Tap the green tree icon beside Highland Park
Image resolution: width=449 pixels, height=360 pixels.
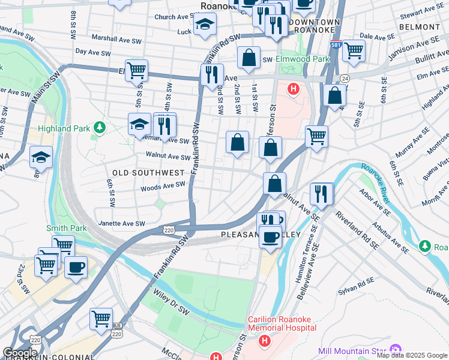[100, 127]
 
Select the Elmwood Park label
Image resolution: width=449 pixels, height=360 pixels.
[303, 59]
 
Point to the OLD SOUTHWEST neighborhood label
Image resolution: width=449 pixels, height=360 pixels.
[148, 173]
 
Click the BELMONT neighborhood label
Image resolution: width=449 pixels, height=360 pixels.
[419, 27]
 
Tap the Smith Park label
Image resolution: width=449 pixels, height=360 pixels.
[67, 228]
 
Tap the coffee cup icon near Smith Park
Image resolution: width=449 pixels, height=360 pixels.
[76, 267]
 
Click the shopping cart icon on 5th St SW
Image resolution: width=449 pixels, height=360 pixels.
[137, 70]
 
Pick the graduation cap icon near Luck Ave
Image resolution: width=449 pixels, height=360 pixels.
[205, 24]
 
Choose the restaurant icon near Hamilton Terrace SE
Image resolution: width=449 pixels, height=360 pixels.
[322, 193]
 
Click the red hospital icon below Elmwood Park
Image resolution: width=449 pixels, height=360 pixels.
[293, 90]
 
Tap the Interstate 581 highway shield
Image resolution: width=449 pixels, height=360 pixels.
[336, 45]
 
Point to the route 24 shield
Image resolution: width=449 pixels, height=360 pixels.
[345, 79]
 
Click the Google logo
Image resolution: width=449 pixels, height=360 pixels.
[20, 353]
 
